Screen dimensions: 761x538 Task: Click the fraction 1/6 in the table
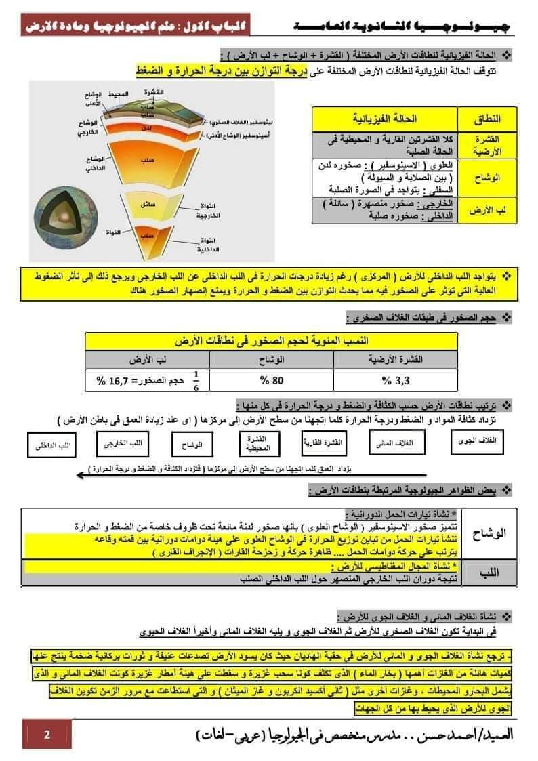pyautogui.click(x=197, y=379)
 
